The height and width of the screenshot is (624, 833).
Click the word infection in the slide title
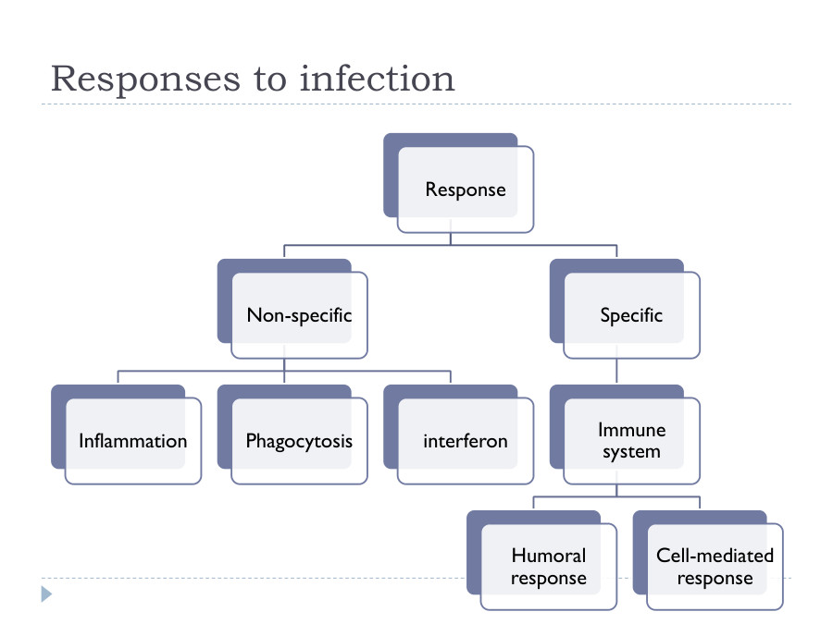[x=378, y=79]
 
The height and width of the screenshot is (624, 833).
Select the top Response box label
[x=466, y=190]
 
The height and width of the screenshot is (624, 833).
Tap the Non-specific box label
[x=299, y=315]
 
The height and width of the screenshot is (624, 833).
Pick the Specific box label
[x=631, y=315]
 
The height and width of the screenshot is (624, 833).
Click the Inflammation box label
[x=132, y=441]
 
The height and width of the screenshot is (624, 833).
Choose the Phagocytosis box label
[x=299, y=441]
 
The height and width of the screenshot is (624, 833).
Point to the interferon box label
[x=466, y=441]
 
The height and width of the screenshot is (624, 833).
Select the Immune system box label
[x=631, y=441]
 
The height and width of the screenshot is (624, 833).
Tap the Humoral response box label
[x=549, y=567]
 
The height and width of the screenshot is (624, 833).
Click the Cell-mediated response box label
[x=715, y=567]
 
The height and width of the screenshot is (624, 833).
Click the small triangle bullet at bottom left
[x=46, y=593]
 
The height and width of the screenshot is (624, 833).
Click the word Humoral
[x=549, y=556]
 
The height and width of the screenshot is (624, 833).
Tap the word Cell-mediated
[x=715, y=556]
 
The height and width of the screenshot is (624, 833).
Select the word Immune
[x=631, y=430]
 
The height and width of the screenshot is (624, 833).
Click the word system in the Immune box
[x=631, y=452]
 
